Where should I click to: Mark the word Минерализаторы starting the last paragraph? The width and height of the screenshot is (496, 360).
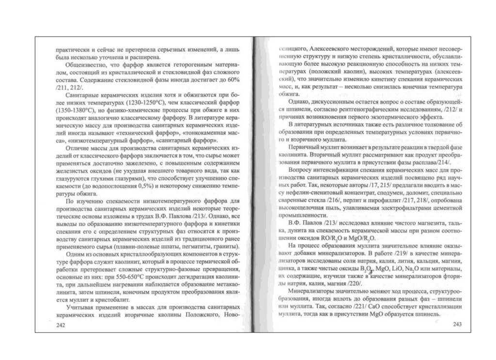(312, 291)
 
